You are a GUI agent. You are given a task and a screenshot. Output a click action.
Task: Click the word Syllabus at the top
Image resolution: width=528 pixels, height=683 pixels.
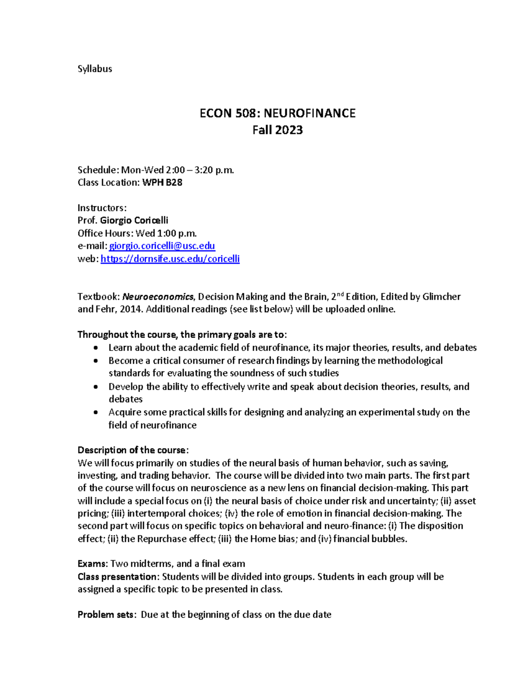(95, 69)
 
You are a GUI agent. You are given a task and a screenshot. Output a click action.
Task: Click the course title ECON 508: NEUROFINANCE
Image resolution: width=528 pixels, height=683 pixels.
(277, 113)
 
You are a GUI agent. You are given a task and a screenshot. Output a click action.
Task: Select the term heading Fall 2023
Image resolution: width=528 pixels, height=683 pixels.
(277, 130)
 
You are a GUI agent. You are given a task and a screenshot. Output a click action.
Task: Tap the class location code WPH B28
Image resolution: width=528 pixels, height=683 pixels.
(162, 183)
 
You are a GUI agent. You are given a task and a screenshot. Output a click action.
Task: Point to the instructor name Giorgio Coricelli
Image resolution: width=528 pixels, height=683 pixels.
(134, 220)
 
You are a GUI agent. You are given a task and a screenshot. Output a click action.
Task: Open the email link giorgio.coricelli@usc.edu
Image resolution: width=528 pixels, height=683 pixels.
(162, 246)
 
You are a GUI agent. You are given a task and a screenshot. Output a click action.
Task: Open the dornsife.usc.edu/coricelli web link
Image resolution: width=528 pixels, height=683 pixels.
(170, 259)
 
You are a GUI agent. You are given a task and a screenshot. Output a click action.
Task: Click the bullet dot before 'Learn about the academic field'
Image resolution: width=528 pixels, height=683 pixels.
(96, 348)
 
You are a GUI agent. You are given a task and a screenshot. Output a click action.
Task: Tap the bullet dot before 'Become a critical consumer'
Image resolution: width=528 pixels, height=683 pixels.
(96, 361)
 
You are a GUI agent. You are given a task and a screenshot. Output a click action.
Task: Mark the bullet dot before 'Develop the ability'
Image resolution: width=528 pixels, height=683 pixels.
(96, 387)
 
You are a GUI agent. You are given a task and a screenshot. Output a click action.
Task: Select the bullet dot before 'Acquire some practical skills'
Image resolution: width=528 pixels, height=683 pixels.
(96, 413)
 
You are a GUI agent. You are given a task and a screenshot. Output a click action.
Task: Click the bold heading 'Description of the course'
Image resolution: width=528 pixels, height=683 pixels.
(132, 450)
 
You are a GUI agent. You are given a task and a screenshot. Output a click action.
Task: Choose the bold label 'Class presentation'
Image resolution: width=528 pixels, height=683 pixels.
(117, 577)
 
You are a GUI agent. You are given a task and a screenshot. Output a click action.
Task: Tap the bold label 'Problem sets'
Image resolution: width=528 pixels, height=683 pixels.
(106, 615)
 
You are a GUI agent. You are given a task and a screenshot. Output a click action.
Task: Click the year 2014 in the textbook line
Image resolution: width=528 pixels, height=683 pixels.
(132, 309)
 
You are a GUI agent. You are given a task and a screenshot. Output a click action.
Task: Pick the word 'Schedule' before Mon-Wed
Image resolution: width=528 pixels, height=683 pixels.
(97, 170)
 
